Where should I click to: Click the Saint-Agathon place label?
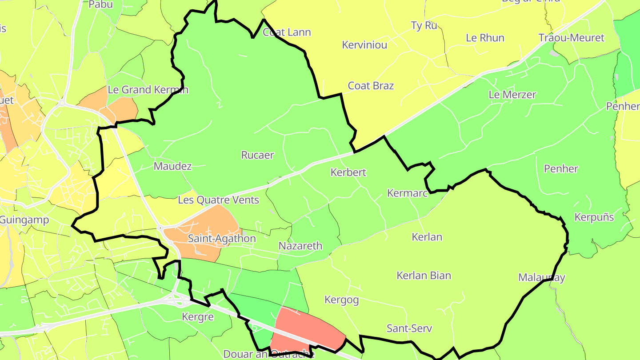[x=222, y=239]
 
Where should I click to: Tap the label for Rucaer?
[x=257, y=155]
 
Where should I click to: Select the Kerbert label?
[x=348, y=172]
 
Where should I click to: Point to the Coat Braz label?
[x=371, y=86]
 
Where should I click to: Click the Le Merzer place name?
[x=512, y=95]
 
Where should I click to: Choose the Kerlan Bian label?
[x=424, y=276]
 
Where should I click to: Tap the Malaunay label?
[x=541, y=278]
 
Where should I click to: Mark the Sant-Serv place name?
[x=409, y=329]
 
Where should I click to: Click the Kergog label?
[x=341, y=300]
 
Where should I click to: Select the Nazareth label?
[x=300, y=246]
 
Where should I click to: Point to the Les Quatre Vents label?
[x=218, y=200]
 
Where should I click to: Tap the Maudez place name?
[x=172, y=166]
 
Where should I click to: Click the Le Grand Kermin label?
[x=148, y=90]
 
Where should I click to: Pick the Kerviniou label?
[x=364, y=45]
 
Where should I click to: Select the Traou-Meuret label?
[x=571, y=38]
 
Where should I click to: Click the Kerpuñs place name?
[x=594, y=217]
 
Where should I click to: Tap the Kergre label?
[x=198, y=317]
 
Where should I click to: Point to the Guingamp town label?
[x=18, y=220]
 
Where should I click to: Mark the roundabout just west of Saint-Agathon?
[x=160, y=228]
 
